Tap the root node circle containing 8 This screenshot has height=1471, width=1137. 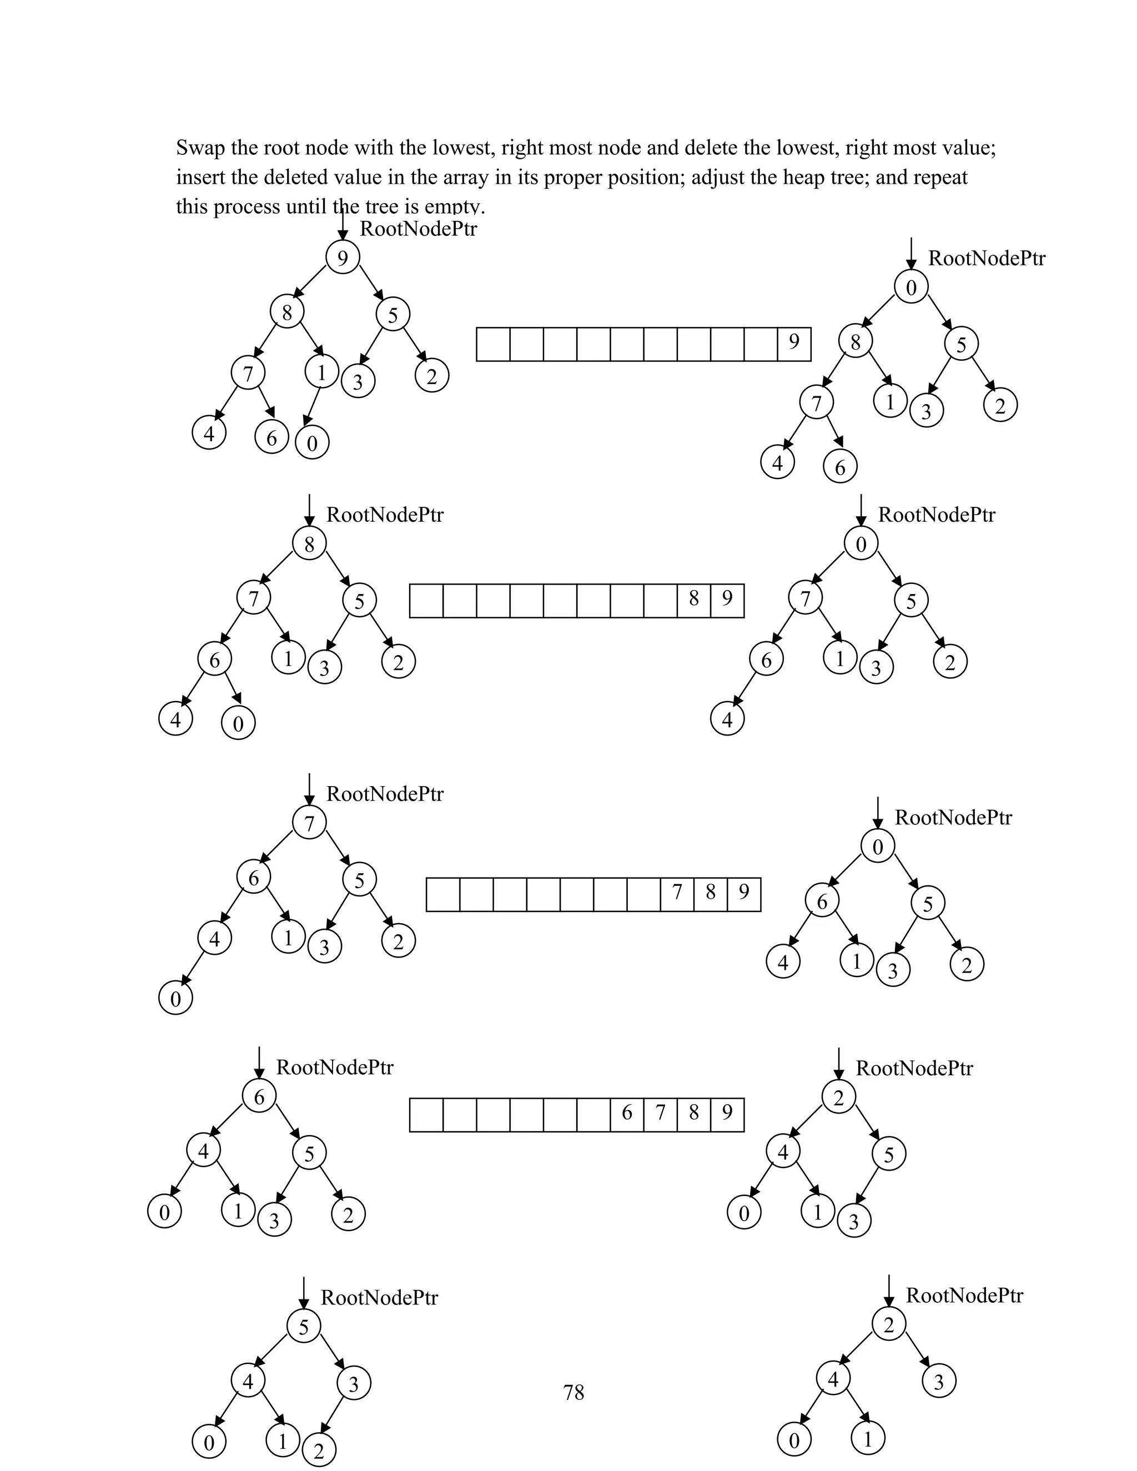[x=309, y=543]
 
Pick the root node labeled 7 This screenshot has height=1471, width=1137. [x=309, y=823]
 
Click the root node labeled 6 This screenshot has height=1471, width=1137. [x=259, y=1097]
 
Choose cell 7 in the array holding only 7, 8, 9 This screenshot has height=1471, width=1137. [x=677, y=893]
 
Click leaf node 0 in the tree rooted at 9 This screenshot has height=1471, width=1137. [x=312, y=442]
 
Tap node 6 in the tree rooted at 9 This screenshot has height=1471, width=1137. [x=271, y=438]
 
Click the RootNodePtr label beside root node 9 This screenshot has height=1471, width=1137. [x=418, y=229]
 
